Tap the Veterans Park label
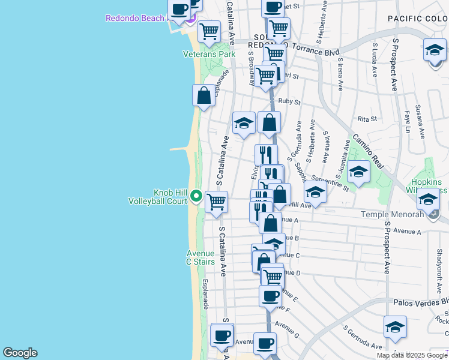pyautogui.click(x=209, y=54)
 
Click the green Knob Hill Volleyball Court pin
pyautogui.click(x=196, y=196)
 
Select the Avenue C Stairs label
pyautogui.click(x=200, y=257)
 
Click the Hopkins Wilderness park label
pyautogui.click(x=429, y=186)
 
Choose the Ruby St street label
pyautogui.click(x=289, y=102)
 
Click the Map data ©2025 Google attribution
pyautogui.click(x=411, y=355)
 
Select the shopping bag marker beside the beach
pyautogui.click(x=204, y=95)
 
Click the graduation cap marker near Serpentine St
pyautogui.click(x=358, y=172)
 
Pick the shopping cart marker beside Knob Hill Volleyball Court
pyautogui.click(x=216, y=202)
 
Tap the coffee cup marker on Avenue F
pyautogui.click(x=270, y=296)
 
